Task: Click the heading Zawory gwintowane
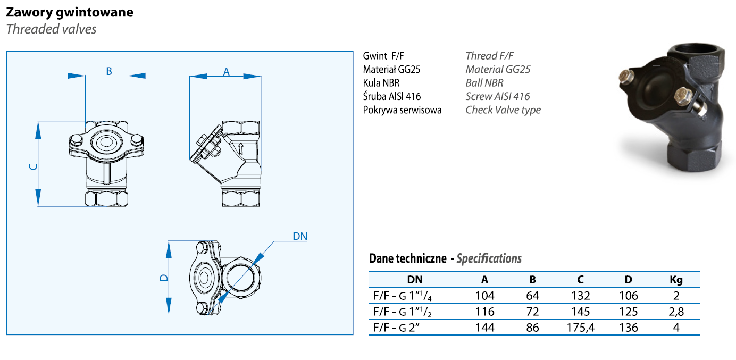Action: click(70, 12)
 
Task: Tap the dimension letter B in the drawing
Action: click(108, 71)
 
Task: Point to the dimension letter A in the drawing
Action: click(226, 72)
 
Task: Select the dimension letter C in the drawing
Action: click(33, 166)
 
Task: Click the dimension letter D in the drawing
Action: click(164, 278)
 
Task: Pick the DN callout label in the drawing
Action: click(300, 236)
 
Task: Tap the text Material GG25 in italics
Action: click(498, 69)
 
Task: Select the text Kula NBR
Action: click(381, 83)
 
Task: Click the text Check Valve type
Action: click(503, 110)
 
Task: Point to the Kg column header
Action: click(676, 280)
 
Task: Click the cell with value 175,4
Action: click(580, 328)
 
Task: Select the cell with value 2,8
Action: click(676, 312)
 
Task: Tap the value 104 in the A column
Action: click(485, 296)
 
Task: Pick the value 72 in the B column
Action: click(532, 312)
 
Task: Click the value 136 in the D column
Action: click(628, 328)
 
